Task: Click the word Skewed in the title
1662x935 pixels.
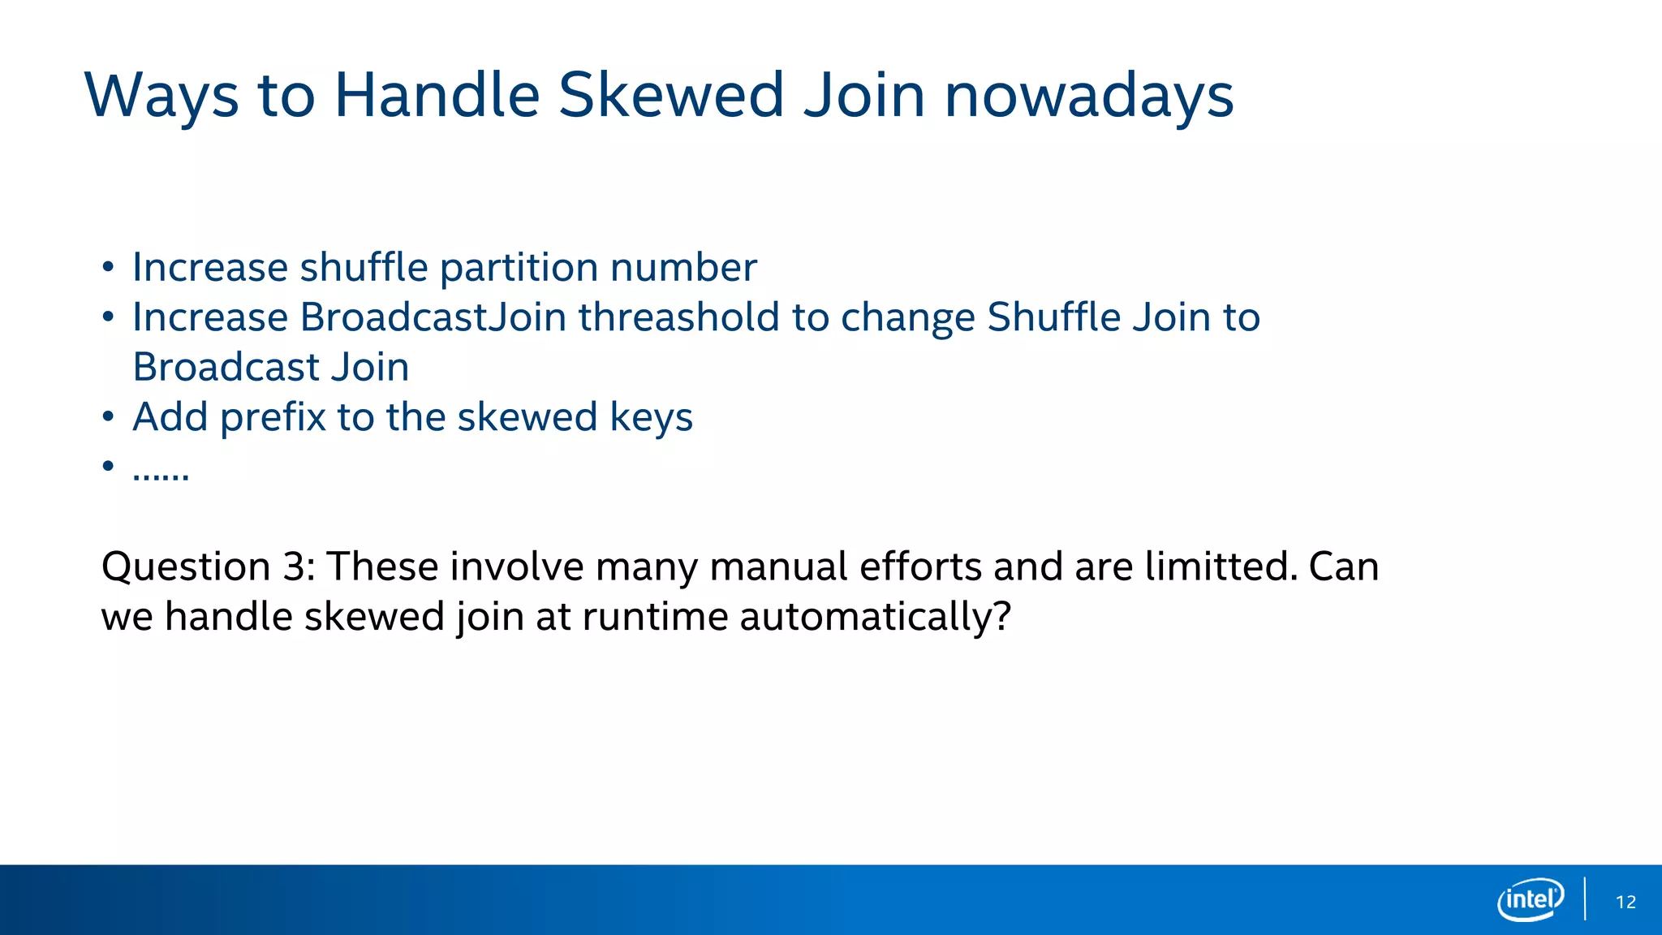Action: pos(671,96)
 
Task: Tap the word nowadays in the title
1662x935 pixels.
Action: pos(1089,96)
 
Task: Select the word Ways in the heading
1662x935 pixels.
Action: pos(161,96)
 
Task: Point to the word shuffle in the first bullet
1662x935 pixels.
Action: pos(364,268)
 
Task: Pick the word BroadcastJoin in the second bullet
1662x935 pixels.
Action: pos(433,317)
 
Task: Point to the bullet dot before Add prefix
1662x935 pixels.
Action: pos(108,417)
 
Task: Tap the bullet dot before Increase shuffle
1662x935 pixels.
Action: pos(108,268)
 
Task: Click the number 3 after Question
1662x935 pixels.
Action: pos(294,567)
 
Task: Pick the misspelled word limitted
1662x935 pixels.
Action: pos(1221,567)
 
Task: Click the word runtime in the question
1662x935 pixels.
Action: pos(654,617)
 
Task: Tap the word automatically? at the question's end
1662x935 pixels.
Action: pos(876,617)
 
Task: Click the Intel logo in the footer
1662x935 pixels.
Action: pos(1531,899)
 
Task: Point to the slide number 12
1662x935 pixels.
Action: pos(1625,902)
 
